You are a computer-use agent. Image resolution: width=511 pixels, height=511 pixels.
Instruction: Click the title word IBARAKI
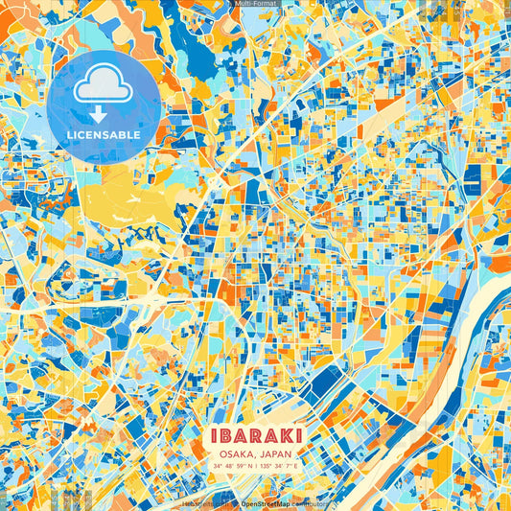tap(255, 436)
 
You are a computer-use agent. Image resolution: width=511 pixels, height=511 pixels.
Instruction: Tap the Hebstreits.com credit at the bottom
tap(204, 503)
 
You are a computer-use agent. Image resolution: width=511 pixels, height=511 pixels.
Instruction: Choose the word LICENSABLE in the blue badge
tap(104, 135)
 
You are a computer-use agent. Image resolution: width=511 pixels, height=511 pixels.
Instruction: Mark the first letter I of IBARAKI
tap(212, 436)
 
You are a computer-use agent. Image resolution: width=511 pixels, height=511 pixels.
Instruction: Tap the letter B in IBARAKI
tap(224, 436)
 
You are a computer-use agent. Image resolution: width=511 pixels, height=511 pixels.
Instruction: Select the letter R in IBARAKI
tap(254, 436)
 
